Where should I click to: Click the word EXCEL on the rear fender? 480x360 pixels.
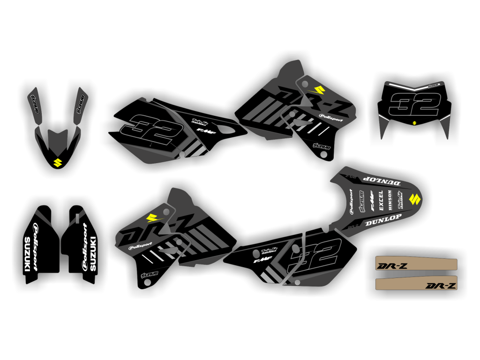[x=381, y=200]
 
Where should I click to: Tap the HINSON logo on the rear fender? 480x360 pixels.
[x=390, y=199]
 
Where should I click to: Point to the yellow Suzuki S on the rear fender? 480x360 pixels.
[x=414, y=199]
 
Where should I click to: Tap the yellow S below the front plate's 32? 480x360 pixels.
[x=414, y=123]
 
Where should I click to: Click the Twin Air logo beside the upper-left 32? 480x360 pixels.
[x=199, y=122]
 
